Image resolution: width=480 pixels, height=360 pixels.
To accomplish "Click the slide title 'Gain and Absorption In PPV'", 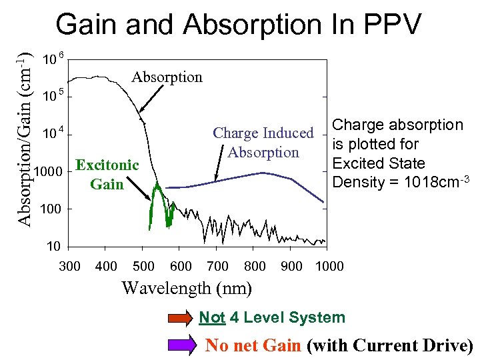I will point(239,25).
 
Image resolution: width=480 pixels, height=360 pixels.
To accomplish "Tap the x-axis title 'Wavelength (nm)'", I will point(187,288).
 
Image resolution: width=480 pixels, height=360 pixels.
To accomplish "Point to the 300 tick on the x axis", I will point(70,267).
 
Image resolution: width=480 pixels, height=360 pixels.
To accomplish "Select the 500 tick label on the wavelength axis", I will point(144,267).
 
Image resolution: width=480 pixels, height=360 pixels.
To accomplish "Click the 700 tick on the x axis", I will point(218,267).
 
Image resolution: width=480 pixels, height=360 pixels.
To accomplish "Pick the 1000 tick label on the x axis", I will point(329,267).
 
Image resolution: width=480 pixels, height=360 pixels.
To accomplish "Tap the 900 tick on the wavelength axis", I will point(291,267).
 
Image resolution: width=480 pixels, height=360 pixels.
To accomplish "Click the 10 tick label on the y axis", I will point(53,247).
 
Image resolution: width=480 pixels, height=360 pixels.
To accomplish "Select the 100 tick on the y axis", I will point(51,209).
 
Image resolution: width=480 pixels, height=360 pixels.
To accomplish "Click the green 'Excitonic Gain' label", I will point(107,174).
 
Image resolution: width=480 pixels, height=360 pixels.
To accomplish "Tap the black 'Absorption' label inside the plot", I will point(167,77).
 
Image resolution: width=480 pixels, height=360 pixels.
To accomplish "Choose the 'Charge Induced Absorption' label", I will point(263,143).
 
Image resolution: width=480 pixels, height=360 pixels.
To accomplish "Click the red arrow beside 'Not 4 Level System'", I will point(179,318).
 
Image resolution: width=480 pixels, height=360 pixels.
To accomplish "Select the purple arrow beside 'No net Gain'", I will point(179,345).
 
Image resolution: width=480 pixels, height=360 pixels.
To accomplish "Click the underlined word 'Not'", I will point(212,318).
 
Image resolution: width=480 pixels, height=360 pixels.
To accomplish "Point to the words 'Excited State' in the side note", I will point(378,163).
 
